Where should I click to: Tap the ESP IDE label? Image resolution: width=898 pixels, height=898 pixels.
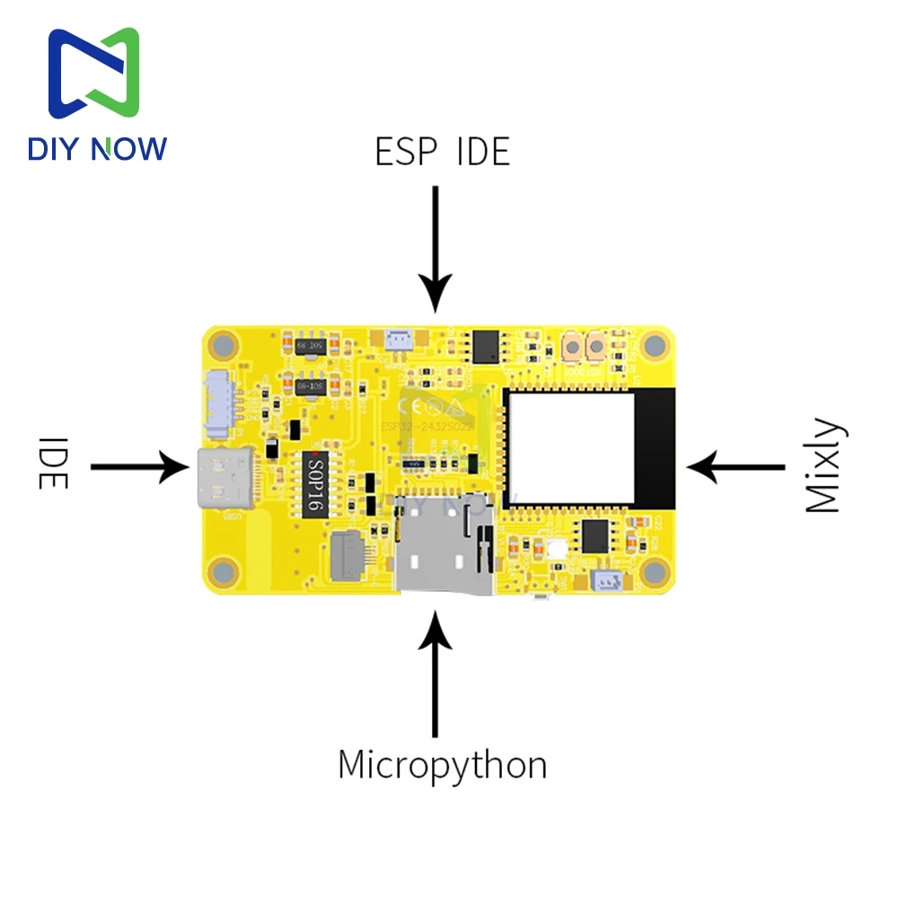pos(442,153)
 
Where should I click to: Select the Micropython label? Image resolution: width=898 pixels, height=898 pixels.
pos(442,765)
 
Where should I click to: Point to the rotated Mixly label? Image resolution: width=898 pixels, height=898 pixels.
pos(823,466)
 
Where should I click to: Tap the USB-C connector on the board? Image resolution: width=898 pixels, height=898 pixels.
pos(216,477)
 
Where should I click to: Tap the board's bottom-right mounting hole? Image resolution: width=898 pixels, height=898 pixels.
pos(656,571)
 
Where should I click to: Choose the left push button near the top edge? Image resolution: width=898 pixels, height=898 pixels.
pos(569,347)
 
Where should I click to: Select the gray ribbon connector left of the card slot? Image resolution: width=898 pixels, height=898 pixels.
pos(348,555)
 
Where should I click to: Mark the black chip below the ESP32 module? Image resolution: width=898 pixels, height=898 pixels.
pos(595,536)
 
